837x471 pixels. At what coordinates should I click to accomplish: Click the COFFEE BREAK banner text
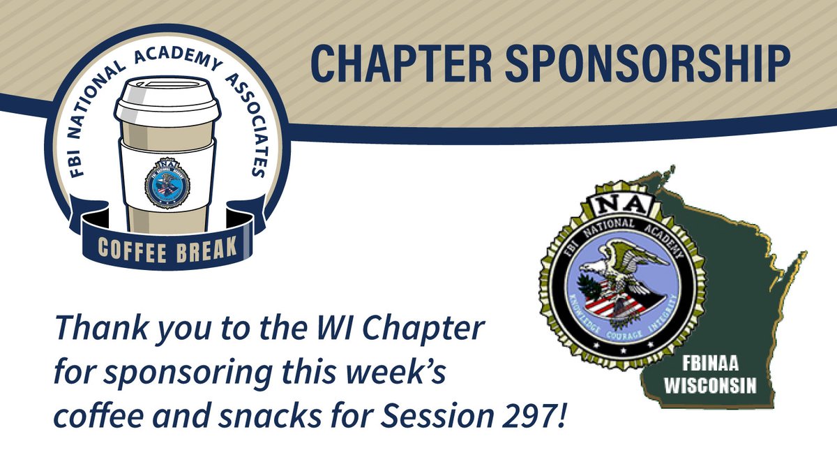(x=167, y=248)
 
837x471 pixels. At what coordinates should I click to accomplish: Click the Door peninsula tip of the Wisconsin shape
(x=802, y=253)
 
